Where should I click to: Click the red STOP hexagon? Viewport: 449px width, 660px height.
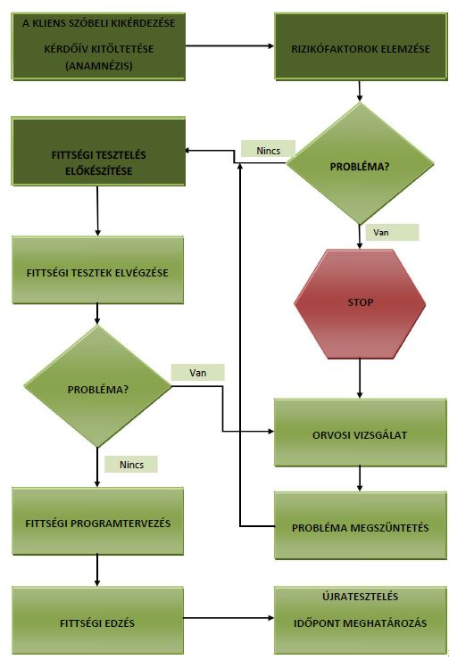(360, 303)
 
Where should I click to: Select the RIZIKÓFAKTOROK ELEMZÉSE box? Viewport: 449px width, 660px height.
(361, 45)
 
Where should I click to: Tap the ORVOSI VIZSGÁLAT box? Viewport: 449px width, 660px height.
(360, 433)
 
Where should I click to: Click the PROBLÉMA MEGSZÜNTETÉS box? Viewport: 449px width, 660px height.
(360, 525)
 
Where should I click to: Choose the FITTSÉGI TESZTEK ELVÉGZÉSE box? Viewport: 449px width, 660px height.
(97, 270)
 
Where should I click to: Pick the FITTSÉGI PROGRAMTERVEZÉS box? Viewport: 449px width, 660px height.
(97, 521)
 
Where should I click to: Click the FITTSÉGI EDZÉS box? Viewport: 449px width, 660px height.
(97, 621)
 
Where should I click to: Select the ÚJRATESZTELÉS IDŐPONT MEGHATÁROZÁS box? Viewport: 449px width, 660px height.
(360, 621)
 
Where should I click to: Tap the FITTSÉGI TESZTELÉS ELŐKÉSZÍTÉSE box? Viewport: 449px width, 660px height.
(98, 152)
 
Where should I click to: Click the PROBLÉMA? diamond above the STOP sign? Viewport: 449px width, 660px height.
(360, 163)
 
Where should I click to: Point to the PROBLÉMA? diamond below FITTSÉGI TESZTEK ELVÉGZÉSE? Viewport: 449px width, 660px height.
(97, 386)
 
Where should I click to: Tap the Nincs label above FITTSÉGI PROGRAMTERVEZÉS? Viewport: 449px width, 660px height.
(131, 465)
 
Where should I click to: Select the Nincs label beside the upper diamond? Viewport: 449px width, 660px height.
(269, 150)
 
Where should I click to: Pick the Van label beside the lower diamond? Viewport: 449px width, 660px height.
(197, 373)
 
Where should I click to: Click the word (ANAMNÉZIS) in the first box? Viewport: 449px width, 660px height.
(98, 66)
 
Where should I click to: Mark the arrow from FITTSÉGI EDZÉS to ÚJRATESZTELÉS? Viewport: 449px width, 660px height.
(229, 618)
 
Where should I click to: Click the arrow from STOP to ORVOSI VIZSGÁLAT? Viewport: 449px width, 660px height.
(360, 378)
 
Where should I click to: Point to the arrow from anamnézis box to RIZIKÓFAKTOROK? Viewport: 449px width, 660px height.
(230, 45)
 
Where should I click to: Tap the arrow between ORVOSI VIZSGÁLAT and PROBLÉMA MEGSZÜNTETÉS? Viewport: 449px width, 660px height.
(360, 479)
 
